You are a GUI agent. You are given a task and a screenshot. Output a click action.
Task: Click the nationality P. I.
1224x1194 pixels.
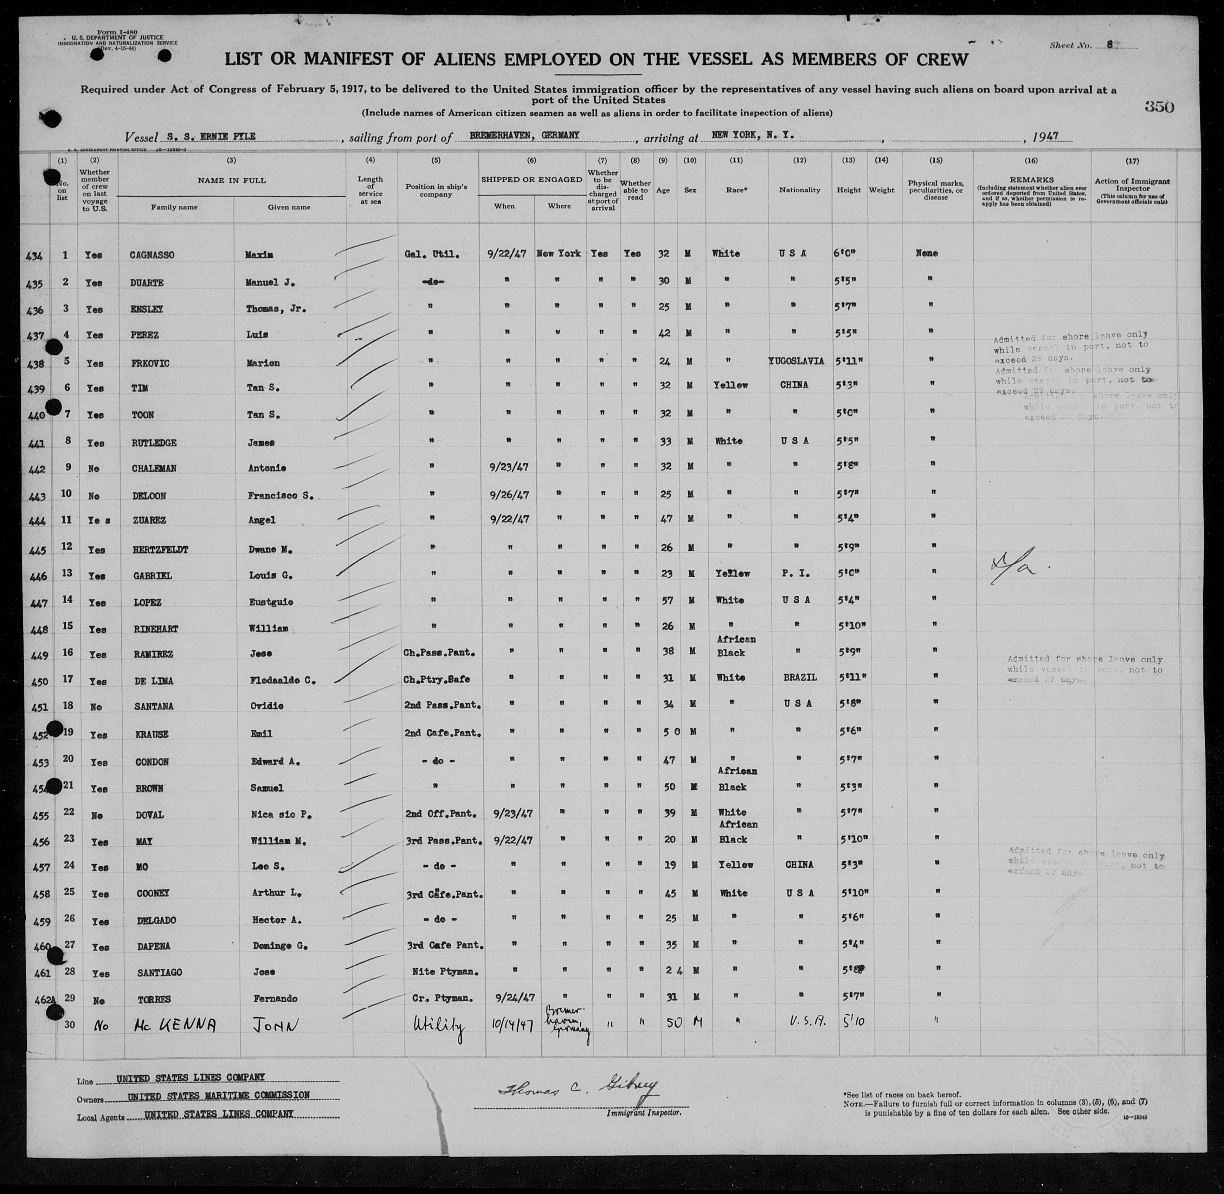(x=796, y=573)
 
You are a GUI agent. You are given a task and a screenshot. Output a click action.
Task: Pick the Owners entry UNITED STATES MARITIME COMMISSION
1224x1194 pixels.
(x=218, y=1096)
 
